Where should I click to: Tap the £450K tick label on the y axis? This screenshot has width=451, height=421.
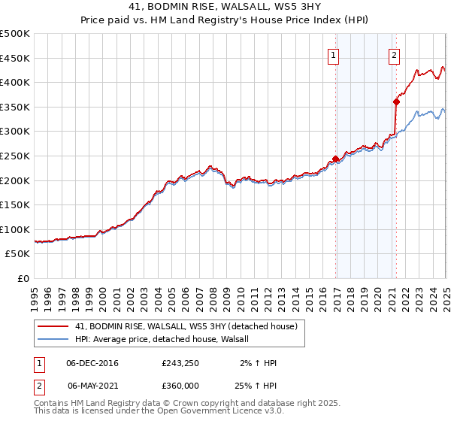[15, 58]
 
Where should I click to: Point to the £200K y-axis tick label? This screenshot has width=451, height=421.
[15, 180]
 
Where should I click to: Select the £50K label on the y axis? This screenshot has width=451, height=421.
[18, 254]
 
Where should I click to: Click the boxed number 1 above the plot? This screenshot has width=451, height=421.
[332, 54]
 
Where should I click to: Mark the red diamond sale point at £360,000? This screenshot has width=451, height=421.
[396, 101]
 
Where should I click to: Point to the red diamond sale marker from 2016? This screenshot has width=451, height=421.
[335, 159]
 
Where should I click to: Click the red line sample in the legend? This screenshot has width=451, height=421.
[54, 326]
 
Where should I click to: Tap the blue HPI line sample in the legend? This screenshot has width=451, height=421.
[54, 339]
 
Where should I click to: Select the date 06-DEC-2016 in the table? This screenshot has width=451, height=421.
[92, 363]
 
